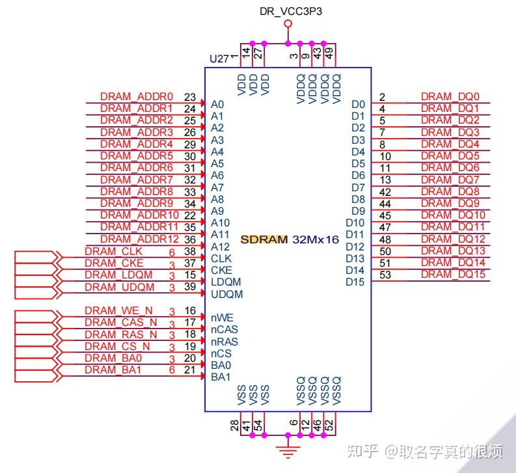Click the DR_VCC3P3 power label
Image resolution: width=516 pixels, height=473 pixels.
click(288, 11)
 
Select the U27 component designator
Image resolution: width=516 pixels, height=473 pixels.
click(219, 59)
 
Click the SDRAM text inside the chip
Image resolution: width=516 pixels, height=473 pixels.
click(264, 239)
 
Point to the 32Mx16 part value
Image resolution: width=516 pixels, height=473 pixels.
click(316, 239)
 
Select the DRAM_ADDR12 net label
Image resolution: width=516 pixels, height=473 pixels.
click(139, 239)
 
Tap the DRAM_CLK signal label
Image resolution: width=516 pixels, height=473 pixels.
click(106, 251)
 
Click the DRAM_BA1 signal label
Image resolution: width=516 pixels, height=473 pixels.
click(105, 370)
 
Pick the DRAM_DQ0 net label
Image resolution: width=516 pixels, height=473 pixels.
click(450, 96)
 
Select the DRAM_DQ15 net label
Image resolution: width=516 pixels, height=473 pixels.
click(453, 275)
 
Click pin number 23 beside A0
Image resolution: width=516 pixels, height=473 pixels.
click(190, 97)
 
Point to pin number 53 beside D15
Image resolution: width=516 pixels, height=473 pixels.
click(385, 275)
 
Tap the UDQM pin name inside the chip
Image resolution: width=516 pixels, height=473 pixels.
click(226, 294)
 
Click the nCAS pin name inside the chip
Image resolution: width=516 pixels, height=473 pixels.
click(224, 330)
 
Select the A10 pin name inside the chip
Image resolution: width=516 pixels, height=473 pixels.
click(220, 223)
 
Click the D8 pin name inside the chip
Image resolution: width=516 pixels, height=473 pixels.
click(358, 199)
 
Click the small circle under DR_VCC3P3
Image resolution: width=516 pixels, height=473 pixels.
click(288, 24)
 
